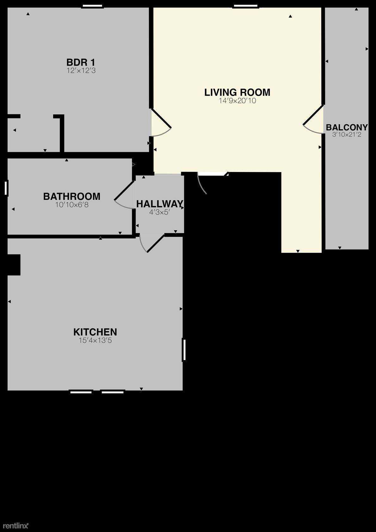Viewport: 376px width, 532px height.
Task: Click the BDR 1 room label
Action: [x=81, y=62]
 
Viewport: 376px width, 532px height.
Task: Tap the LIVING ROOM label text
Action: [x=237, y=92]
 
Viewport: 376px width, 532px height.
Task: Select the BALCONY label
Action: [x=347, y=128]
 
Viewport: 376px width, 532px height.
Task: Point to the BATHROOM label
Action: [x=72, y=196]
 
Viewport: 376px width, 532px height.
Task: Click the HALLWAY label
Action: [x=160, y=204]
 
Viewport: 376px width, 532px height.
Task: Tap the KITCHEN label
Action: [x=95, y=332]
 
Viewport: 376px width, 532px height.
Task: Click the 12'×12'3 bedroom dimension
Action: [x=81, y=71]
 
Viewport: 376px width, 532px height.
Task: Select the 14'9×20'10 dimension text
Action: [x=237, y=101]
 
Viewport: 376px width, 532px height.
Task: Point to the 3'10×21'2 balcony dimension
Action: [x=347, y=135]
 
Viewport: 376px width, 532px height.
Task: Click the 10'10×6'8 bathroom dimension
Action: [x=72, y=205]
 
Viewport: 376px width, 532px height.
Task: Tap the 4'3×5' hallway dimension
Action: [x=160, y=212]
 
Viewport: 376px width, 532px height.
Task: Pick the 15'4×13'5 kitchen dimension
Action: [x=95, y=340]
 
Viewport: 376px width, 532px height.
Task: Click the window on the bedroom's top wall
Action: [x=92, y=6]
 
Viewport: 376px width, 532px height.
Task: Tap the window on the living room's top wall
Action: [x=246, y=6]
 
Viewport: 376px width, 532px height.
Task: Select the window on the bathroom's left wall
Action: [x=6, y=188]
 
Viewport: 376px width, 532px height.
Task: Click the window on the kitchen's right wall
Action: [x=184, y=350]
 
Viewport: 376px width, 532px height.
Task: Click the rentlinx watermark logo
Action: [x=16, y=526]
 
